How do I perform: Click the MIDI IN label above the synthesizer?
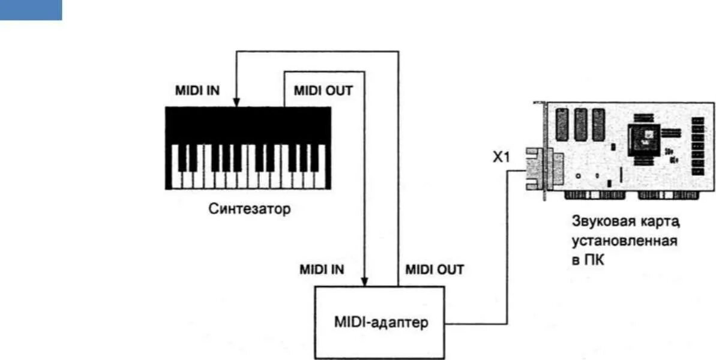tap(197, 91)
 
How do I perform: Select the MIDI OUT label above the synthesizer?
tap(323, 91)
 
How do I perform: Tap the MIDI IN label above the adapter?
tap(322, 269)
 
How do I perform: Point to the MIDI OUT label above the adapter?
tap(435, 269)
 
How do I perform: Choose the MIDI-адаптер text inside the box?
tap(381, 323)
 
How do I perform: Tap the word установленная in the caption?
tap(625, 242)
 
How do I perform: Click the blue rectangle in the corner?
tap(31, 10)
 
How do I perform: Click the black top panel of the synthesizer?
tap(248, 125)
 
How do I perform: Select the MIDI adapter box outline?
tap(317, 336)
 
